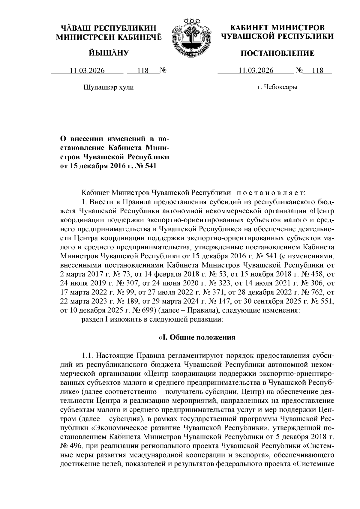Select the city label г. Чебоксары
coord(277,88)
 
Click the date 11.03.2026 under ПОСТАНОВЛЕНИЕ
coord(256,71)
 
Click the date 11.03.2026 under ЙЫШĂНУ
coord(87,71)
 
